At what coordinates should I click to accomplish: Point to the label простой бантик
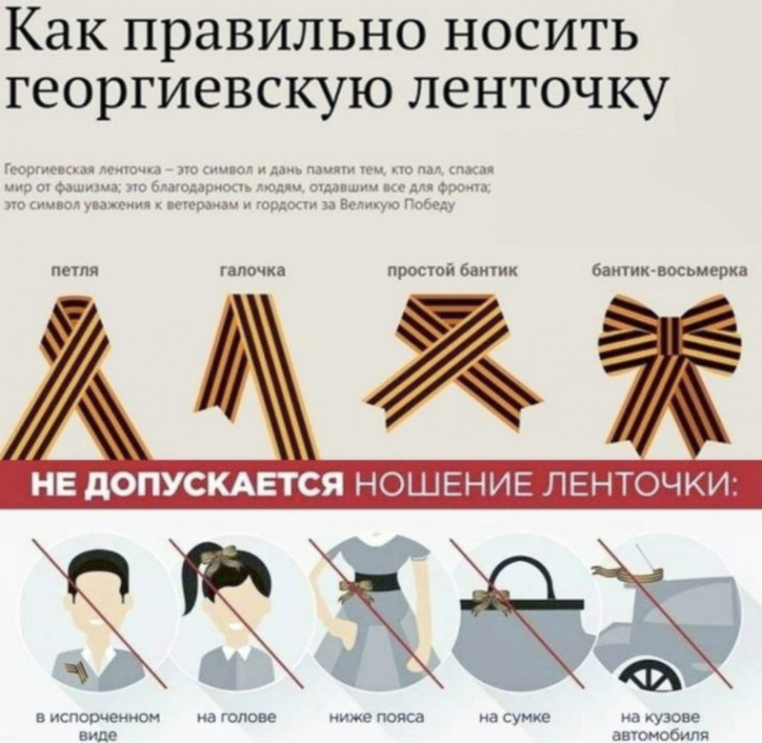(452, 271)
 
